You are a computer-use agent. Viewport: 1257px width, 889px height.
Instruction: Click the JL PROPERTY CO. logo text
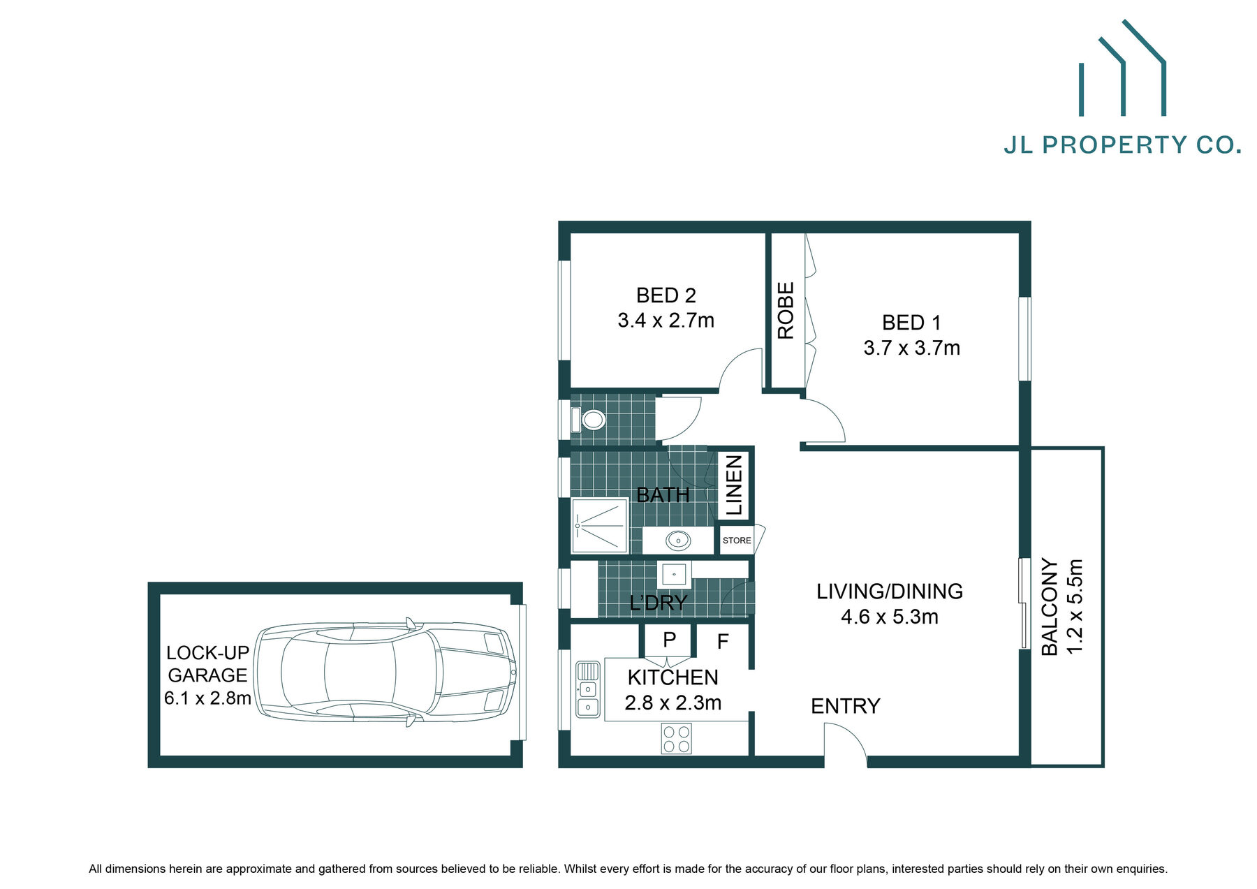click(1122, 145)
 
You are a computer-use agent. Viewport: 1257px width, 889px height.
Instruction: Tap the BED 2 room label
click(666, 295)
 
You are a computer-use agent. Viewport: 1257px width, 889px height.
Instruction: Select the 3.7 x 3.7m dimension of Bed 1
click(911, 348)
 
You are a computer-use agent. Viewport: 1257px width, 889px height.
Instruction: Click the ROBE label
click(786, 311)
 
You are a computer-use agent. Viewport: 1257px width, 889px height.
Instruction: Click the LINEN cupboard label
click(734, 485)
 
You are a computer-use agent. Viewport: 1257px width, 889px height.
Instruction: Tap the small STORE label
click(737, 541)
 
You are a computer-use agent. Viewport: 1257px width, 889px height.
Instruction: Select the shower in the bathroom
click(599, 525)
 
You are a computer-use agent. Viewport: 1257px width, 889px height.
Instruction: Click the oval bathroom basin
click(677, 541)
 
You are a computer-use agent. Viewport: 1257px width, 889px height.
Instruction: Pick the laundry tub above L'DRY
click(674, 574)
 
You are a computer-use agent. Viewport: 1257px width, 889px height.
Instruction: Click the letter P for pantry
click(669, 640)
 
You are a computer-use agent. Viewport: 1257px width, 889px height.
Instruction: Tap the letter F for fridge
click(723, 641)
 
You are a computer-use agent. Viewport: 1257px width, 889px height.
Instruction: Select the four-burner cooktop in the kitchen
click(677, 739)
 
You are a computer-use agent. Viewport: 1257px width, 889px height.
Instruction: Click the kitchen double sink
click(587, 689)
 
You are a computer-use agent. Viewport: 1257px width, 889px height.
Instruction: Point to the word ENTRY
click(845, 706)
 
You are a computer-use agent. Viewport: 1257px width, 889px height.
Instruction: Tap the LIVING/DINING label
click(889, 592)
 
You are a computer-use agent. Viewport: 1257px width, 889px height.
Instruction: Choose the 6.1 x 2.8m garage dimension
click(207, 698)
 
